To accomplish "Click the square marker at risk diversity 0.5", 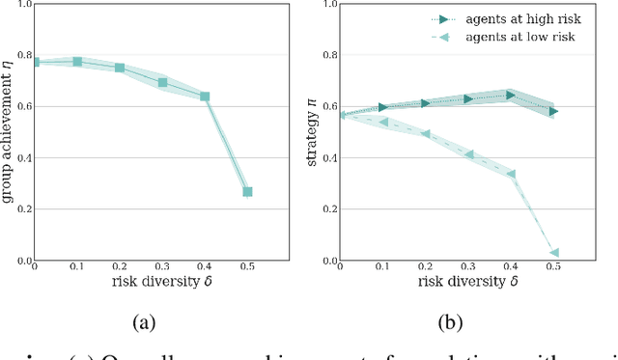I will pyautogui.click(x=247, y=192).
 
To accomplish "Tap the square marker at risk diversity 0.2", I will pyautogui.click(x=120, y=68).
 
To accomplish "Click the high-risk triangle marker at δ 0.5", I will pyautogui.click(x=553, y=112).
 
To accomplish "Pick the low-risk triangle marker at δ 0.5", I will pyautogui.click(x=553, y=253).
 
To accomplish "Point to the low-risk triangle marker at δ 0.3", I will pyautogui.click(x=468, y=154).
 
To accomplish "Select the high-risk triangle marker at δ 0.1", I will pyautogui.click(x=383, y=107).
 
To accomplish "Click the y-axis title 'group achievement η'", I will pyautogui.click(x=9, y=132).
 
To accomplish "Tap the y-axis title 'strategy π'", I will pyautogui.click(x=313, y=132).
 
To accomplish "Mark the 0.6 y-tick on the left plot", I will pyautogui.click(x=24, y=106).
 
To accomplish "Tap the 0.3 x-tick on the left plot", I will pyautogui.click(x=162, y=269).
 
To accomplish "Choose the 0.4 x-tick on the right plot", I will pyautogui.click(x=511, y=269).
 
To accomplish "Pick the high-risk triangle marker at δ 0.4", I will pyautogui.click(x=511, y=96).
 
